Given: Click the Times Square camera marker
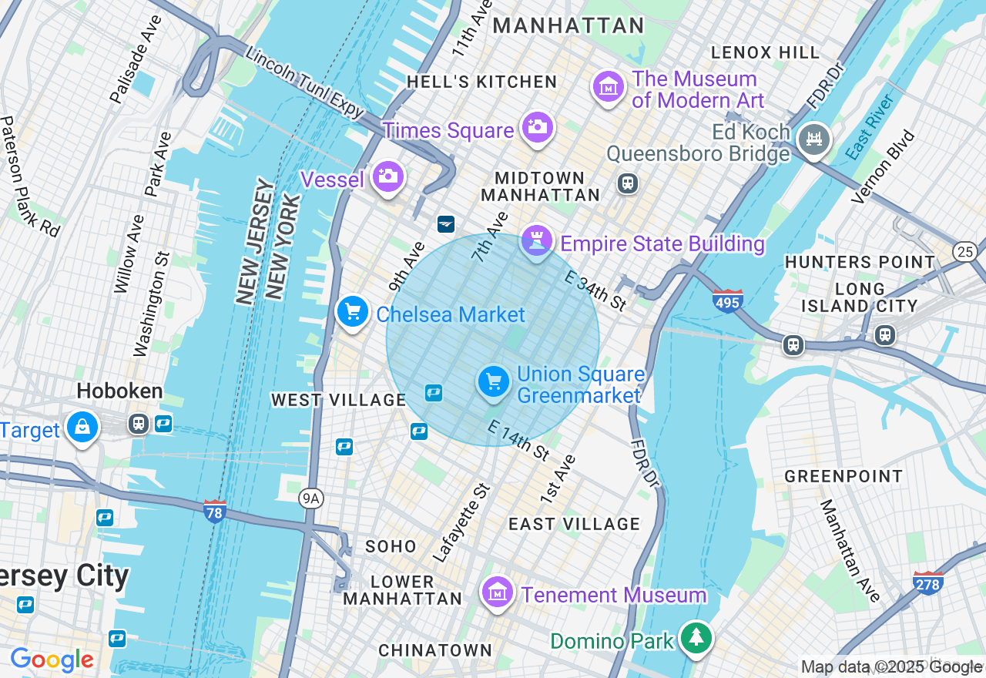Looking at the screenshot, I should pyautogui.click(x=537, y=127).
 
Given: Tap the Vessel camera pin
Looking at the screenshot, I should pyautogui.click(x=387, y=177).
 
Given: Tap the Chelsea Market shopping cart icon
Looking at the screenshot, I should pyautogui.click(x=353, y=312).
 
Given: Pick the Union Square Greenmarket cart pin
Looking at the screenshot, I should pyautogui.click(x=493, y=381).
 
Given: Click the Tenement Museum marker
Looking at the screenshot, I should pyautogui.click(x=498, y=592).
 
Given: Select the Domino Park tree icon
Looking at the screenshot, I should pyautogui.click(x=696, y=638).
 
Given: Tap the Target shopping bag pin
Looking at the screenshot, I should pyautogui.click(x=82, y=427).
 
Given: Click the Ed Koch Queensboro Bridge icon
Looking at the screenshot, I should pyautogui.click(x=814, y=139).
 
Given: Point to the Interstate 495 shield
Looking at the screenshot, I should pyautogui.click(x=727, y=300).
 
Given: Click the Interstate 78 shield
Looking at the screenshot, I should pyautogui.click(x=215, y=511).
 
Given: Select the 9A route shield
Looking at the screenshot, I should pyautogui.click(x=310, y=498).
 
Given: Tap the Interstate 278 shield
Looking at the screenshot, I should pyautogui.click(x=927, y=583).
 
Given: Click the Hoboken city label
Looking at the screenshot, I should pyautogui.click(x=120, y=391).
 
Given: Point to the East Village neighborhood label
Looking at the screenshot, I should pyautogui.click(x=574, y=524).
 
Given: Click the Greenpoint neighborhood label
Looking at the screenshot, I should pyautogui.click(x=843, y=476).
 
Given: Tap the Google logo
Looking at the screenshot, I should pyautogui.click(x=52, y=660).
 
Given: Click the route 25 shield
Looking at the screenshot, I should pyautogui.click(x=965, y=251).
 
